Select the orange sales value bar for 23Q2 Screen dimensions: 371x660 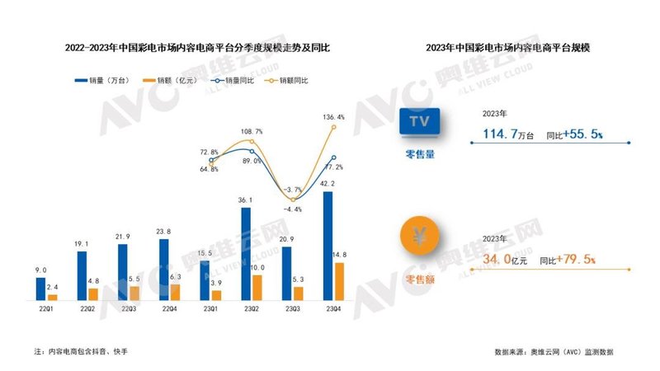257,287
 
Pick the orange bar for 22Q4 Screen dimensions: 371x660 174,292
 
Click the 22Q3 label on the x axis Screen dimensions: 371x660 128,308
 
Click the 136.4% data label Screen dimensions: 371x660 334,117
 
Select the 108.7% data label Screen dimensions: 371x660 252,131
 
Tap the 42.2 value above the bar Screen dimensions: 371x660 328,183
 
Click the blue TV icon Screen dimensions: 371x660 422,122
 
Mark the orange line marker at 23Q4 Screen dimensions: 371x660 334,127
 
